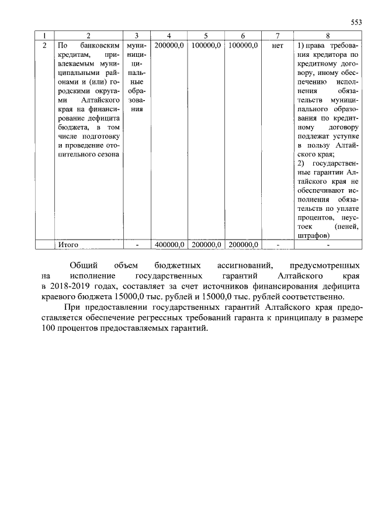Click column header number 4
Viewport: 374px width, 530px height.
(x=169, y=35)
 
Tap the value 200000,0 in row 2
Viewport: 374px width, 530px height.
(x=169, y=45)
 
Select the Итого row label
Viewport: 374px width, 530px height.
(x=68, y=244)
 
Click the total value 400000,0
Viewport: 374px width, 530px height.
(x=169, y=244)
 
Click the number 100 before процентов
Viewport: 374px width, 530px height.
(x=48, y=328)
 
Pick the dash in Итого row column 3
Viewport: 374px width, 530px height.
(x=136, y=244)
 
